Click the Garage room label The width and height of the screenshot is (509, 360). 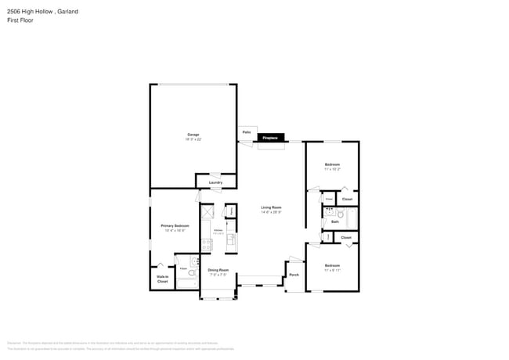[x=193, y=135]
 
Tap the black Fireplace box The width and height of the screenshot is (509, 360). [x=270, y=138]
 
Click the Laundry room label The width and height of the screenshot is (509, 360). [x=215, y=182]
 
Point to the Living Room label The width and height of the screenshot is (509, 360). [x=271, y=207]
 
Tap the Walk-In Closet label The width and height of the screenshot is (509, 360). [x=163, y=279]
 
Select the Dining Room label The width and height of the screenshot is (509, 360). [x=218, y=270]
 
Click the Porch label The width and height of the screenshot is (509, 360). [x=294, y=275]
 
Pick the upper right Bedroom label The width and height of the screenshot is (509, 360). [x=332, y=164]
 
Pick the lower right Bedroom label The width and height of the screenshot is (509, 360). [x=332, y=265]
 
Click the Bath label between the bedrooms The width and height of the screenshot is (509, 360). [x=335, y=221]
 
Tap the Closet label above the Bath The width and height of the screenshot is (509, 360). [x=347, y=199]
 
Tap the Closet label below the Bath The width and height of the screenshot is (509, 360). [x=346, y=237]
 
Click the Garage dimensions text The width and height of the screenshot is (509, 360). [x=193, y=139]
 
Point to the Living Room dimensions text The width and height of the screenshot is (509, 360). [x=271, y=212]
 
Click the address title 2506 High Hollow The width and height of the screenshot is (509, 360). [x=31, y=12]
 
